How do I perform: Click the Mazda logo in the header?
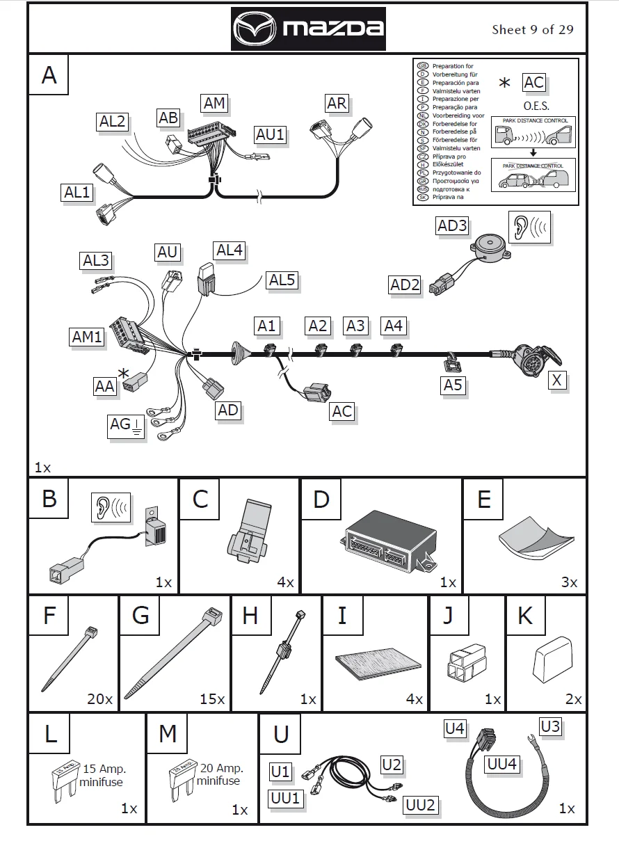click(308, 29)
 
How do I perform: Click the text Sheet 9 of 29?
click(533, 29)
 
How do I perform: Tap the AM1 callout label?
click(88, 337)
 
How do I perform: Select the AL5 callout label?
click(282, 280)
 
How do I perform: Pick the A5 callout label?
click(453, 384)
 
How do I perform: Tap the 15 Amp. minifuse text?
click(104, 775)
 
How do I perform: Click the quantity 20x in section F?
click(99, 698)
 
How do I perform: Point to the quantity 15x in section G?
click(212, 698)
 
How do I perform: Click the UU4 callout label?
click(502, 763)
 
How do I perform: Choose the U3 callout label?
click(550, 727)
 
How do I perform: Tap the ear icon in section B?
click(111, 507)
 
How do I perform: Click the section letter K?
click(525, 616)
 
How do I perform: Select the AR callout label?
click(337, 103)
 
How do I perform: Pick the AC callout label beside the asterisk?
click(534, 83)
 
